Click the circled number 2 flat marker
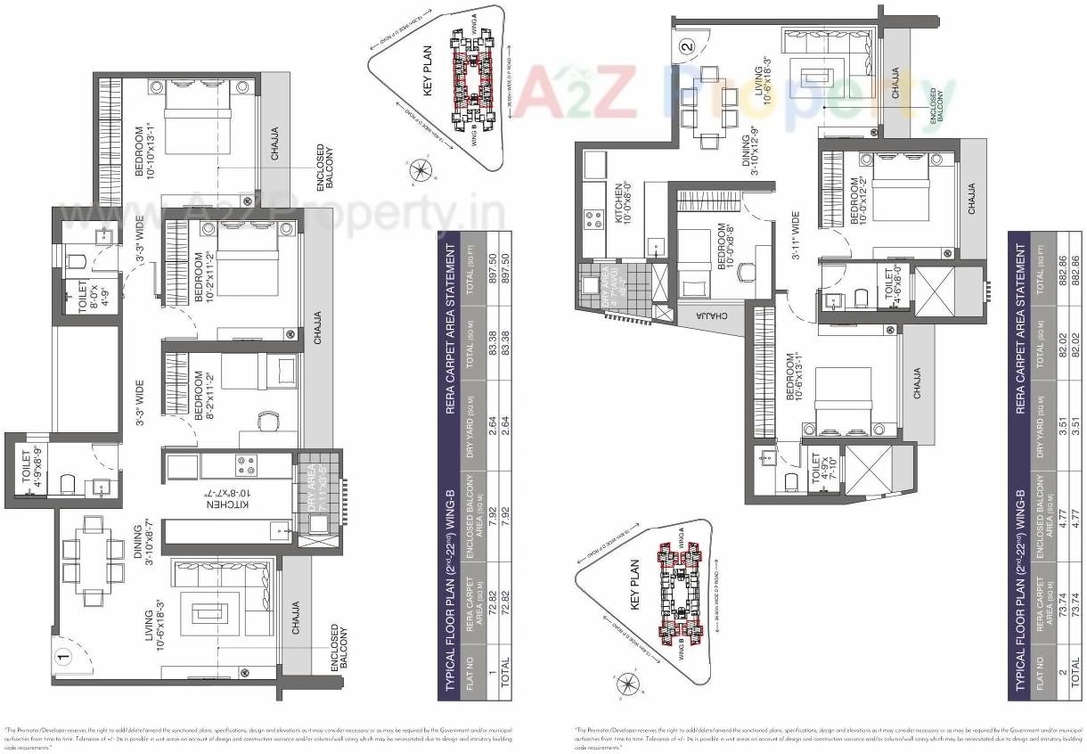point(685,47)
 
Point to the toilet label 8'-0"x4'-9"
point(89,294)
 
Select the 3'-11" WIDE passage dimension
point(796,244)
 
